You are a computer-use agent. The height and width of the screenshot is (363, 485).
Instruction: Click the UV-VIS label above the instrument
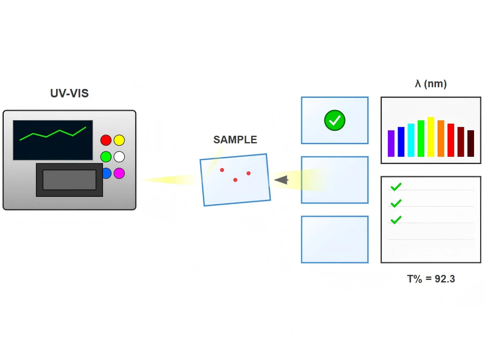(x=69, y=93)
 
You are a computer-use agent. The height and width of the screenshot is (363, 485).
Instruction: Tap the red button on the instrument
(x=106, y=140)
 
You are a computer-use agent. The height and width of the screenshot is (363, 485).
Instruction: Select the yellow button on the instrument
(x=119, y=140)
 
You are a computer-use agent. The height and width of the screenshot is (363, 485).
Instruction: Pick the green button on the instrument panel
(x=106, y=157)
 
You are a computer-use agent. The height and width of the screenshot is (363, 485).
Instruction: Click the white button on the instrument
(x=119, y=157)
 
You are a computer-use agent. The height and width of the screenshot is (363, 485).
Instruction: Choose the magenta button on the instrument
(x=119, y=173)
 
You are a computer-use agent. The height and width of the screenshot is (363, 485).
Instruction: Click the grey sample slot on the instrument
(x=69, y=180)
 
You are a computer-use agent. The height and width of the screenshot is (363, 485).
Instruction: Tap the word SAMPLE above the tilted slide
(x=235, y=140)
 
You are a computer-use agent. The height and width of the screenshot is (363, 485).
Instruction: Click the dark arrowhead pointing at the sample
(x=281, y=180)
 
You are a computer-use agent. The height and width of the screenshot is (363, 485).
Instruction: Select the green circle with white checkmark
(x=335, y=121)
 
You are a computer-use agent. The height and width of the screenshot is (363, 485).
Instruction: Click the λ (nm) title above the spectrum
(x=431, y=83)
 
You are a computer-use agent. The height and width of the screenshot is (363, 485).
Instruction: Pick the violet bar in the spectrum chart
(x=391, y=143)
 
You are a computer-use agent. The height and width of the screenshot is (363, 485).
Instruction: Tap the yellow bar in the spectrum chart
(x=431, y=137)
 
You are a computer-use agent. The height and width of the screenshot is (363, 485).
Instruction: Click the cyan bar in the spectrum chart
(x=411, y=140)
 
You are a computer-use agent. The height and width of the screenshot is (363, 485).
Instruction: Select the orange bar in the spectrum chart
(x=441, y=139)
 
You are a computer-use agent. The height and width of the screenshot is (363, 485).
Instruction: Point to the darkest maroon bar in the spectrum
(x=471, y=143)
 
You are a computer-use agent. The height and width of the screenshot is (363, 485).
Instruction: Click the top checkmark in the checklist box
(x=396, y=187)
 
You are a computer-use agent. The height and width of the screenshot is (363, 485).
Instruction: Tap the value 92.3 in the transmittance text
(x=445, y=279)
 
